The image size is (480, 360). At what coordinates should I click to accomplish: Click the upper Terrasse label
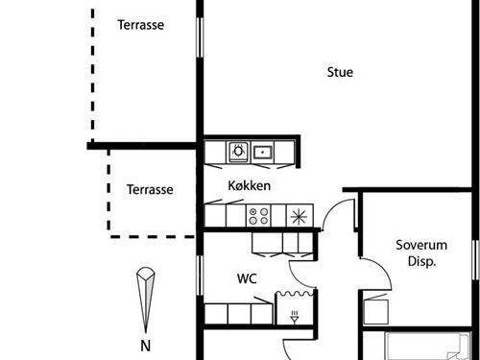[x=141, y=25]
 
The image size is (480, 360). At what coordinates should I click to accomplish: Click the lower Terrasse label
[x=150, y=190]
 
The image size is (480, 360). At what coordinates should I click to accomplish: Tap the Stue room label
[x=340, y=72]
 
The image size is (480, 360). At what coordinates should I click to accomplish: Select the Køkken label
[x=249, y=185]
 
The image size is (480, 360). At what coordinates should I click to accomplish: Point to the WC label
[x=248, y=279]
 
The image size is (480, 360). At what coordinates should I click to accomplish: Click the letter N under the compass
[x=145, y=345]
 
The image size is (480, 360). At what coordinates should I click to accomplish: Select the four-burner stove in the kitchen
[x=259, y=215]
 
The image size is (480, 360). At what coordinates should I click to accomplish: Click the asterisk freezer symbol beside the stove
[x=300, y=215]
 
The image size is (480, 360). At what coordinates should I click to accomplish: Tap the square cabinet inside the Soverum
[x=375, y=308]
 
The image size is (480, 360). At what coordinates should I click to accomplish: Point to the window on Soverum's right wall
[x=475, y=259]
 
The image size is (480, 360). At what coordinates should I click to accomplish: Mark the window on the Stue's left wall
[x=201, y=38]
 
